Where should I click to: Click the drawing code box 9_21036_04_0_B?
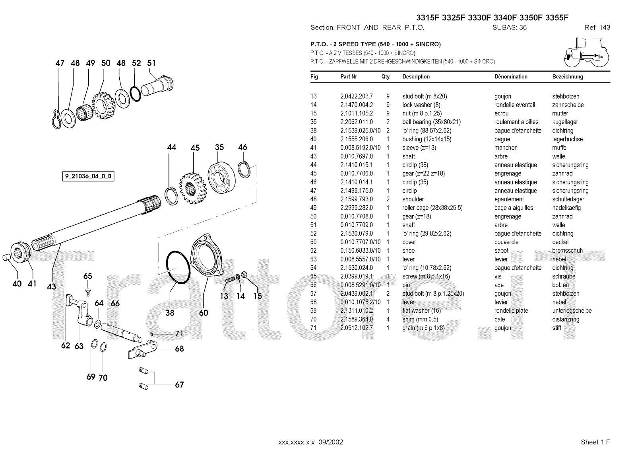(x=88, y=176)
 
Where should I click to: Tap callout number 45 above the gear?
(x=195, y=148)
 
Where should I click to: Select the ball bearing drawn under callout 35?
(x=221, y=177)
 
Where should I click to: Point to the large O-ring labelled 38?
(x=178, y=267)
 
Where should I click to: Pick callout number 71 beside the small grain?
(x=179, y=333)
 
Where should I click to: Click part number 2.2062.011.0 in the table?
(x=357, y=122)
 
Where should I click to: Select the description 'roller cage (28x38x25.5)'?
(x=432, y=208)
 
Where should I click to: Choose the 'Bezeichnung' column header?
(x=568, y=77)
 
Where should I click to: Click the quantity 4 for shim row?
(x=388, y=319)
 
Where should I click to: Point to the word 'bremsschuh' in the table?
(x=567, y=251)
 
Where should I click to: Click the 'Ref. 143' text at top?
(x=597, y=27)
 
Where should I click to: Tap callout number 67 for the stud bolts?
(x=179, y=385)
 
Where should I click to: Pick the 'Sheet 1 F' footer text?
(x=595, y=442)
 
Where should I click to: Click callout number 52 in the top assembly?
(x=136, y=63)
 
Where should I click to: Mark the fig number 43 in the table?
(x=314, y=156)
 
